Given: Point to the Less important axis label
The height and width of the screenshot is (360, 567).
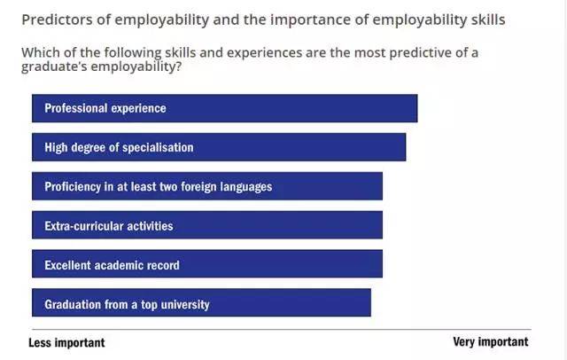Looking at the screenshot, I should tap(66, 342).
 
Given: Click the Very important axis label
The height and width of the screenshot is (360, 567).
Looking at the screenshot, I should tap(490, 342).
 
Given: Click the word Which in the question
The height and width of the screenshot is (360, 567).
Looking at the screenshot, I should tap(40, 53).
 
